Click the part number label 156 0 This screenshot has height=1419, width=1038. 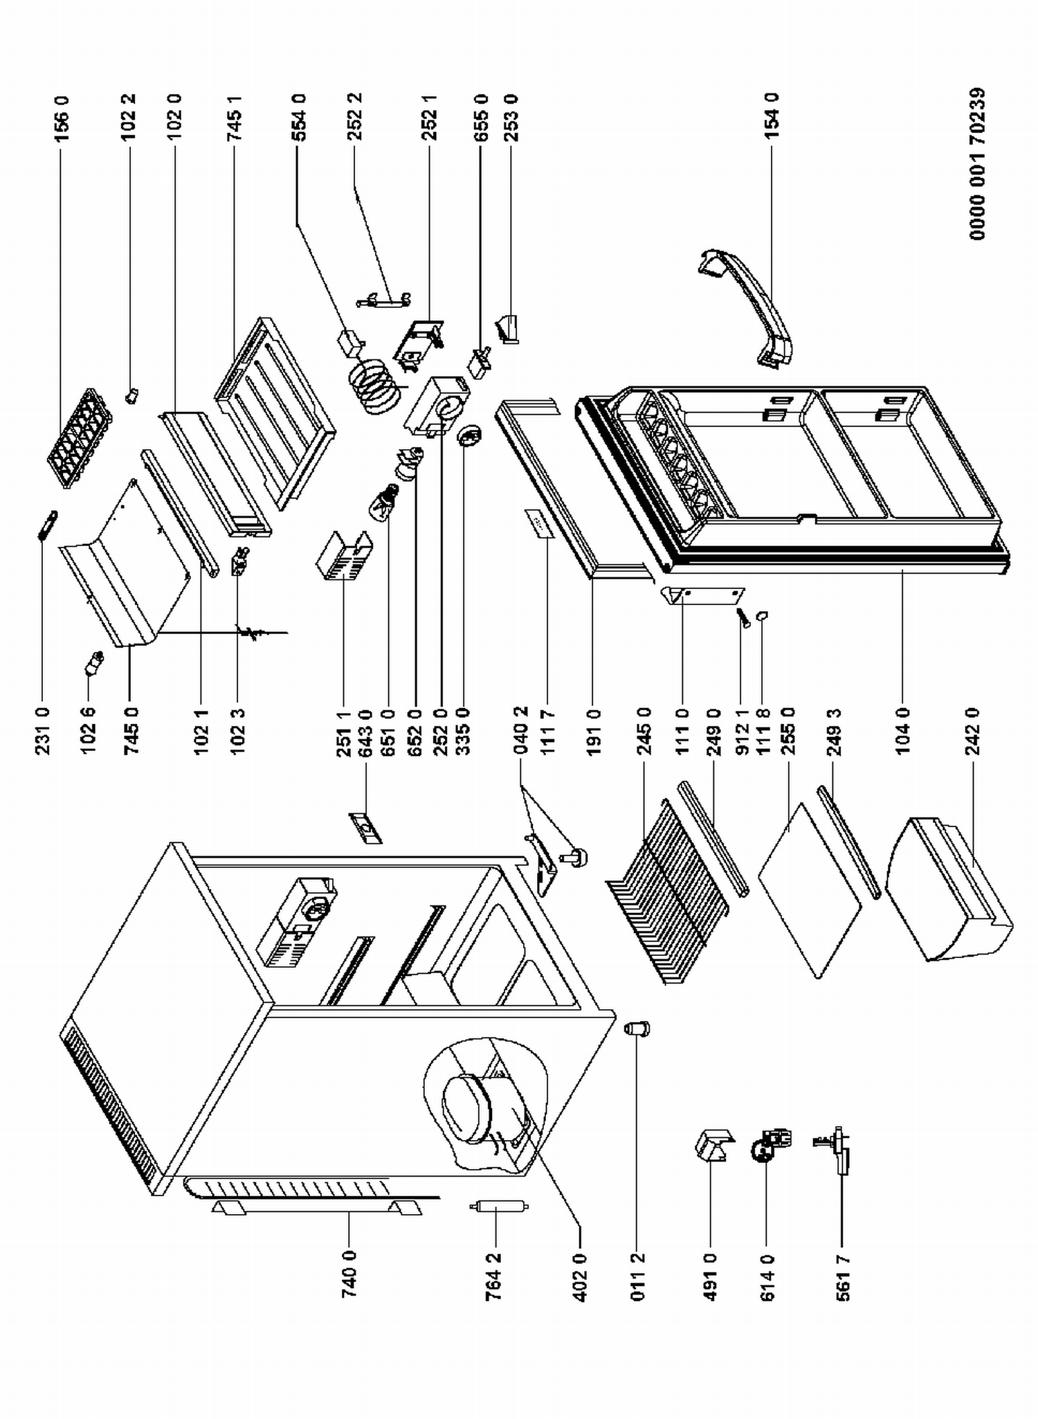coord(62,119)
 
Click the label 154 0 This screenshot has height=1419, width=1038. coord(772,116)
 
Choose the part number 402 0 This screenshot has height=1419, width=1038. coord(580,1278)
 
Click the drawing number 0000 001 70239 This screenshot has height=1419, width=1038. coord(977,164)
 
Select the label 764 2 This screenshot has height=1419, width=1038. coord(494,1278)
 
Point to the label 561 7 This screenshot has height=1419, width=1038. coord(842,1278)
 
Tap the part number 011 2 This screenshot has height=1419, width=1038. coord(638,1278)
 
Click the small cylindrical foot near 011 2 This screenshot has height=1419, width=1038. coord(637,1029)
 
